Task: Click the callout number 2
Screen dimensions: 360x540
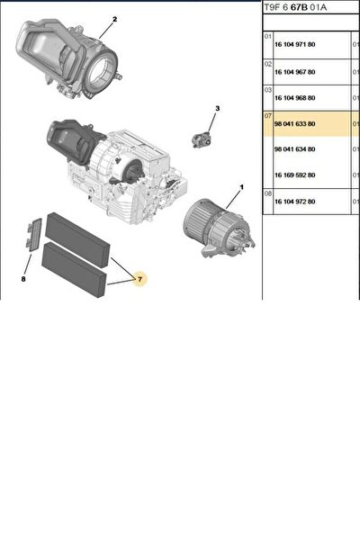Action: pos(114,19)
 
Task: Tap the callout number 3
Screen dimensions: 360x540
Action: pos(218,109)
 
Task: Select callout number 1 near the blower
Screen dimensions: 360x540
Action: pos(241,187)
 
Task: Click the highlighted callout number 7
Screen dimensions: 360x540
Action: pos(139,279)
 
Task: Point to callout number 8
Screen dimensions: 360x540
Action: pos(23,279)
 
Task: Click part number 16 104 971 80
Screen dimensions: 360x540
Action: pos(294,44)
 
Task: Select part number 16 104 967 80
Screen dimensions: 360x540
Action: pos(294,72)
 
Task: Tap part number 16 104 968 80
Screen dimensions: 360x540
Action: pos(294,98)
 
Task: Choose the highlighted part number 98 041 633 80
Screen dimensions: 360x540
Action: pos(294,123)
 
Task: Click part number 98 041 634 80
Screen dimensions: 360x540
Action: pos(294,149)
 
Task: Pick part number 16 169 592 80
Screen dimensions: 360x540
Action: pos(294,175)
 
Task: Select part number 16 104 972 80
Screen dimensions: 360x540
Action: pos(294,202)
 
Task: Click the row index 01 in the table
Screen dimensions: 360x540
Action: pos(268,36)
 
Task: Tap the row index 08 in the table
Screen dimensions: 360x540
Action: pos(268,193)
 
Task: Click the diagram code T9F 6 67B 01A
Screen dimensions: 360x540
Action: pos(295,7)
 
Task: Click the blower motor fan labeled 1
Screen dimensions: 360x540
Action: pos(219,228)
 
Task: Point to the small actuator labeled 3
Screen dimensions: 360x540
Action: pos(202,139)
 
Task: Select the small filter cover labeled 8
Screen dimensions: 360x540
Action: pos(34,235)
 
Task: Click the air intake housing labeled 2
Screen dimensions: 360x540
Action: pos(67,58)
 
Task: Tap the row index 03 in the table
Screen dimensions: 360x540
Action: pos(268,90)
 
